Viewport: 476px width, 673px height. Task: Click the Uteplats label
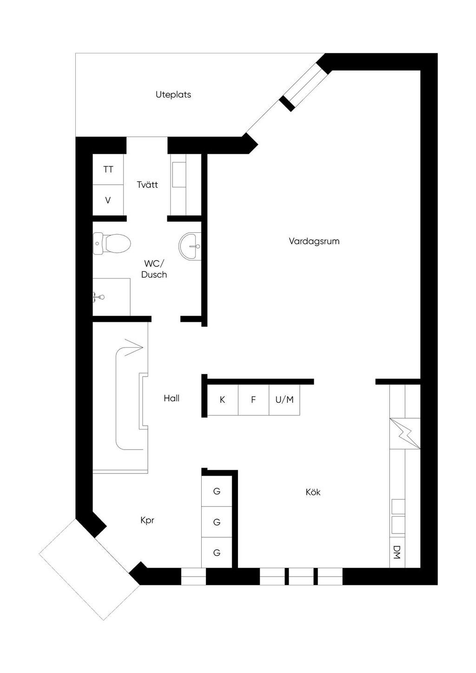pos(173,95)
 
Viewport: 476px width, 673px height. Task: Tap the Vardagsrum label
pos(314,241)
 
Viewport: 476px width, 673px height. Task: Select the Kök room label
pos(313,492)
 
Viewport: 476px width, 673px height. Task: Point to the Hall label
pos(171,398)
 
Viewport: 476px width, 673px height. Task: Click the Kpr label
pos(147,520)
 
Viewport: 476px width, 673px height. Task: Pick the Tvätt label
pos(147,185)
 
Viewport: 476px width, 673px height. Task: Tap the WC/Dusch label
pos(154,269)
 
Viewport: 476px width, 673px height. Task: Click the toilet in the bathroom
pos(112,243)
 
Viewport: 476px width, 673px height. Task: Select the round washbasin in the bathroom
pos(190,246)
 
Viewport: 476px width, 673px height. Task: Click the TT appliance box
pos(108,170)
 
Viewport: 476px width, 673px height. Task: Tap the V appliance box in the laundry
pos(108,200)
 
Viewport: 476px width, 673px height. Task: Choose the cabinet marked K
pos(222,400)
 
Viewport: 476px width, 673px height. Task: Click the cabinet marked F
pos(253,400)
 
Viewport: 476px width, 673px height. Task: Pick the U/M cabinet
pos(284,400)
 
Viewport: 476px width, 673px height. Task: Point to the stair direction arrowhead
pos(134,348)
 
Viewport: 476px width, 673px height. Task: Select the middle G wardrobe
pos(216,522)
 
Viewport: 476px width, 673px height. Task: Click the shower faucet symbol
pos(98,297)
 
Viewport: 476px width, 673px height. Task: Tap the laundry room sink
pos(179,175)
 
